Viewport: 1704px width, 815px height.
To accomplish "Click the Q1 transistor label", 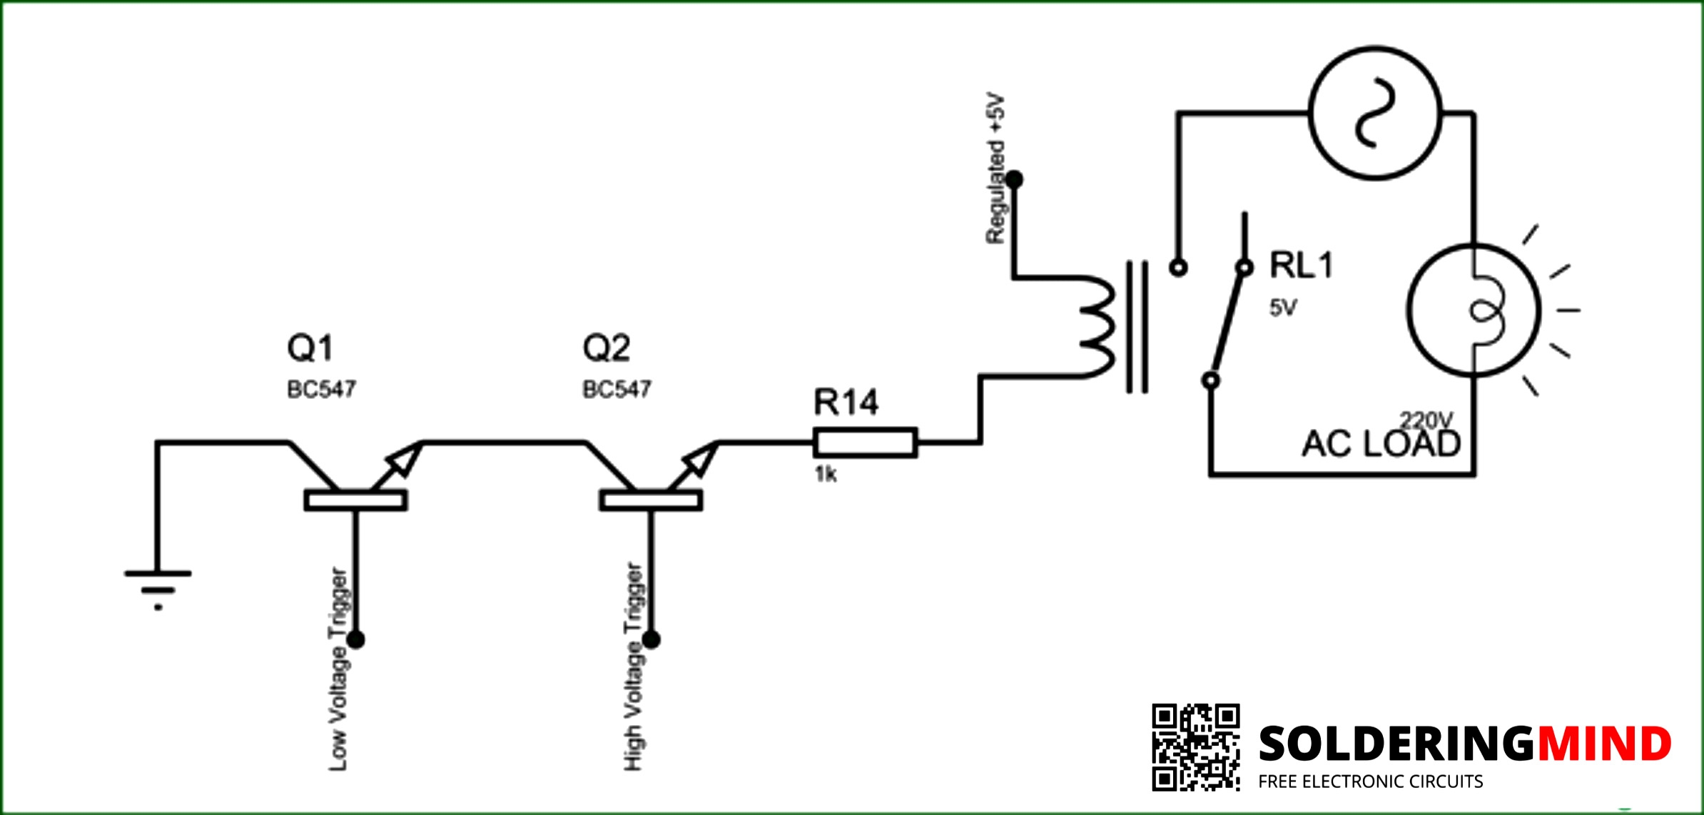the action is tap(310, 348).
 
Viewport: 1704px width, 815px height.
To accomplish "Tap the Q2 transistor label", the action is tap(607, 348).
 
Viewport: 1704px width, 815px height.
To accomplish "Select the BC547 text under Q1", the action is tap(321, 390).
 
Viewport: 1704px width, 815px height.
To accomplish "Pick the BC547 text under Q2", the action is tap(617, 390).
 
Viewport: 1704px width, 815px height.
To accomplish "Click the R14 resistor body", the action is tap(866, 442).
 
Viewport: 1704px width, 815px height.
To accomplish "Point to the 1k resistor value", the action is tap(826, 474).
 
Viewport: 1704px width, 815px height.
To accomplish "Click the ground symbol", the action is tap(158, 589).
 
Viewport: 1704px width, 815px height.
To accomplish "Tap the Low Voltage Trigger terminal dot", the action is tap(356, 639).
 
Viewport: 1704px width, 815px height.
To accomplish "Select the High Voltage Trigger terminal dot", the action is tap(651, 639).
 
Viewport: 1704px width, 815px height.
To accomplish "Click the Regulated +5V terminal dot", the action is tap(1014, 179).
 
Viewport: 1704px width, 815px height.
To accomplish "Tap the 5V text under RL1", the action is tap(1283, 308).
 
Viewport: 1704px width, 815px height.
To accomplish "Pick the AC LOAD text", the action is tap(1381, 444).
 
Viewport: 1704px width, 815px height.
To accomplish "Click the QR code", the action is tap(1196, 747).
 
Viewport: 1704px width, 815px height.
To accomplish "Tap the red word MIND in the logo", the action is tap(1604, 744).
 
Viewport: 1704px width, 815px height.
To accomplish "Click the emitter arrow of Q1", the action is tap(398, 464).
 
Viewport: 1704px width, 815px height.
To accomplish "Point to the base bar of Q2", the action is tap(651, 500).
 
